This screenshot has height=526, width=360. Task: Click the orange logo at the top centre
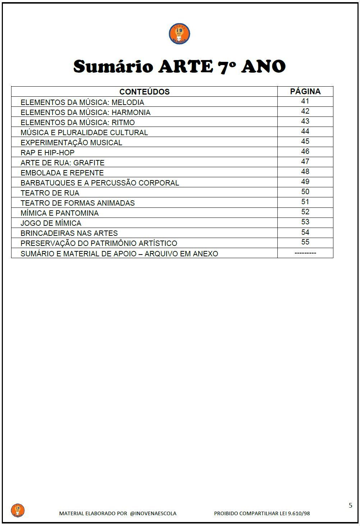click(x=179, y=34)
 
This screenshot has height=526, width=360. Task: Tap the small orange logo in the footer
click(x=18, y=510)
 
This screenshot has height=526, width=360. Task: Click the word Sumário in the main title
click(x=114, y=67)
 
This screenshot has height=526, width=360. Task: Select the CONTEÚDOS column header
click(x=144, y=92)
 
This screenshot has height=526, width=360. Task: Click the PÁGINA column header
click(x=305, y=91)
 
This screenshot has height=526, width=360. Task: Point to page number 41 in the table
click(x=305, y=101)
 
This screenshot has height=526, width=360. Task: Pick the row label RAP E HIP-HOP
click(x=47, y=152)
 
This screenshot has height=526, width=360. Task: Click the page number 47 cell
click(x=305, y=161)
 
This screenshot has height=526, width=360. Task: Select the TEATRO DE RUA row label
click(x=50, y=193)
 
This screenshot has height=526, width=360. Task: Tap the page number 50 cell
click(x=305, y=192)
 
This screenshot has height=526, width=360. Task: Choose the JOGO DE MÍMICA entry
click(x=51, y=223)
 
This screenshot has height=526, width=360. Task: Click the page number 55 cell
click(x=305, y=242)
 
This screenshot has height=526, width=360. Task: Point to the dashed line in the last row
click(x=305, y=253)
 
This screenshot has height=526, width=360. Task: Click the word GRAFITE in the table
click(x=89, y=163)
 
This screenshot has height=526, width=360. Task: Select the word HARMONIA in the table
click(x=131, y=112)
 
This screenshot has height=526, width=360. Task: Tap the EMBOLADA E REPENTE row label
click(x=62, y=173)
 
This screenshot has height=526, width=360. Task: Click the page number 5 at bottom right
click(x=350, y=506)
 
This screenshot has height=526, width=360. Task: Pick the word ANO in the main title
click(x=263, y=67)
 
